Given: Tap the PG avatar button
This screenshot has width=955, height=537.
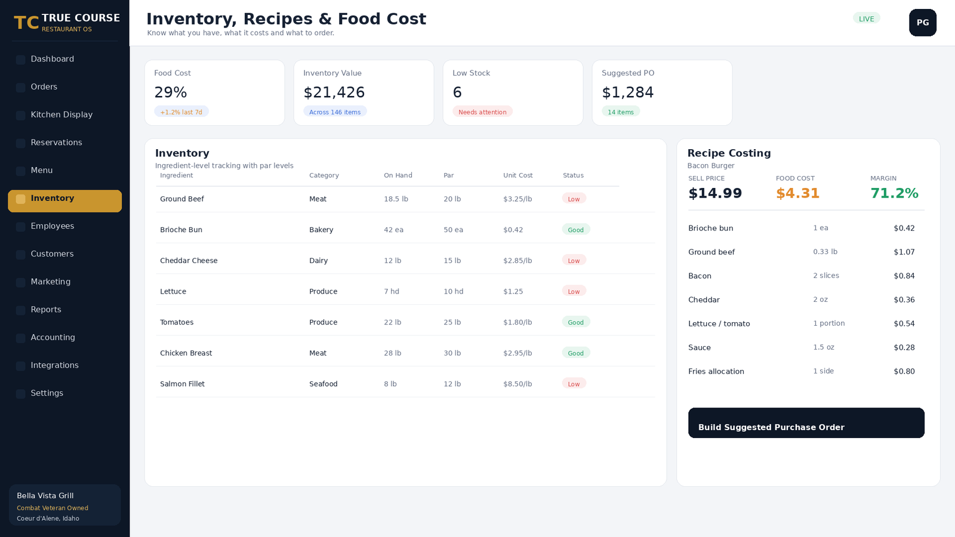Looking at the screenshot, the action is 923,23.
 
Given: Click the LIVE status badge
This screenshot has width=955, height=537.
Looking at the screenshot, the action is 866,18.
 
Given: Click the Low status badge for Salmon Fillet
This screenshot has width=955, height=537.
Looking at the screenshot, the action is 574,384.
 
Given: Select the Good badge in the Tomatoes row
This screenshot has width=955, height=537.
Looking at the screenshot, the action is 575,322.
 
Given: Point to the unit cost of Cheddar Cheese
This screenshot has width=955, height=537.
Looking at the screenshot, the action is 517,260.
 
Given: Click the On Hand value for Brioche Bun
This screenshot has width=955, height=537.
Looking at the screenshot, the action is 393,230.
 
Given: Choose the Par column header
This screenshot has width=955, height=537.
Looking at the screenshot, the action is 448,175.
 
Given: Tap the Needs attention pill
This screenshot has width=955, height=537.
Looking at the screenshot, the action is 482,112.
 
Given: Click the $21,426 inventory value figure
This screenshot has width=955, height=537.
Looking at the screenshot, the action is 334,92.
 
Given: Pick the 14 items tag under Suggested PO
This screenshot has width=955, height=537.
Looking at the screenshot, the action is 620,112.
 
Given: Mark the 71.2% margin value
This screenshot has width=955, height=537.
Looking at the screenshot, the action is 894,193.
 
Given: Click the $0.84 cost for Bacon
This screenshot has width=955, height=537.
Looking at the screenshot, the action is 904,276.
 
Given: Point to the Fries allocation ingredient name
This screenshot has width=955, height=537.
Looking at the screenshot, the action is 716,371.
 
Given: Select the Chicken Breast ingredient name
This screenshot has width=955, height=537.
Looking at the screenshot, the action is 186,353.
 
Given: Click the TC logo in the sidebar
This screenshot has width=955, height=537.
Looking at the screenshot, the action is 26,22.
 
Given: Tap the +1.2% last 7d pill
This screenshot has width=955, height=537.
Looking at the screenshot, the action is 181,112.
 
